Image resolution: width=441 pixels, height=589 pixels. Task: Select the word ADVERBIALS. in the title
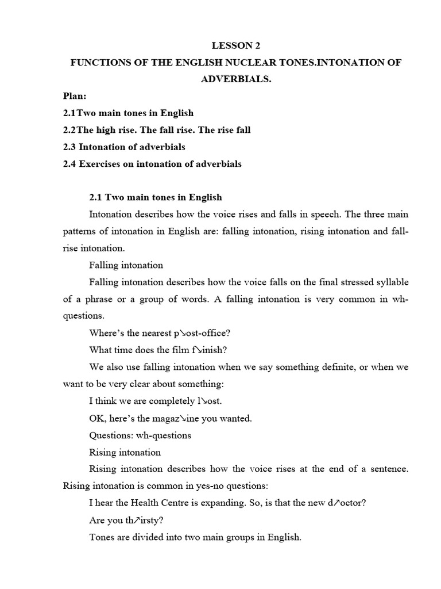pos(235,79)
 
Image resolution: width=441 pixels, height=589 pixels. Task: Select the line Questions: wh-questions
pos(140,435)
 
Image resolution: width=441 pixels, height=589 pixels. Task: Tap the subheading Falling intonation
pos(126,265)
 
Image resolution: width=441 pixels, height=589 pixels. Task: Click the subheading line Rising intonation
pos(125,452)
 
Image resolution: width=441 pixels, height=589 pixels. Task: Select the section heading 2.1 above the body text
pos(156,197)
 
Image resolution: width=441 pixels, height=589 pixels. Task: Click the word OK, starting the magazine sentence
pos(97,418)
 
